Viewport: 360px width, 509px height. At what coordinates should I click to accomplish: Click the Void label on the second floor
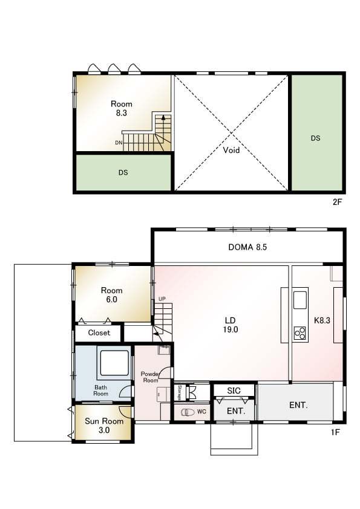(x=231, y=150)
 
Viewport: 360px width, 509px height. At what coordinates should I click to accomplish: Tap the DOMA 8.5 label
(x=247, y=247)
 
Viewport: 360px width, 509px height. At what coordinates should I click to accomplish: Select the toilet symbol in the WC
(x=188, y=412)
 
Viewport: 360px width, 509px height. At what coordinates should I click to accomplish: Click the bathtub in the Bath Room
(x=114, y=363)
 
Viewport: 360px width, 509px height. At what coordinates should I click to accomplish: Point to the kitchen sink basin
(x=300, y=300)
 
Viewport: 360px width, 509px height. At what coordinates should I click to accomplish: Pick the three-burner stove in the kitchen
(x=299, y=333)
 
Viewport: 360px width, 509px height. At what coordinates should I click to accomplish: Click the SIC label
(x=234, y=391)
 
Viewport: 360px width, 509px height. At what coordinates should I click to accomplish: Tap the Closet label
(x=99, y=332)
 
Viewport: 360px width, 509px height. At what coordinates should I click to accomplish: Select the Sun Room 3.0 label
(x=104, y=426)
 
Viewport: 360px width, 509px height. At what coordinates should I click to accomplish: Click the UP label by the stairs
(x=162, y=299)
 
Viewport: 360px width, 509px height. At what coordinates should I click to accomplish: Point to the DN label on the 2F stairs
(x=119, y=143)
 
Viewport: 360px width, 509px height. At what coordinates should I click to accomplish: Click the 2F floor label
(x=337, y=202)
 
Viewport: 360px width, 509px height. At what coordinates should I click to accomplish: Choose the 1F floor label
(x=335, y=432)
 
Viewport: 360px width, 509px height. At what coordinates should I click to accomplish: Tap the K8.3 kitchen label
(x=322, y=320)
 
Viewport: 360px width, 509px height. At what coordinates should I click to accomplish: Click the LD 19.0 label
(x=231, y=325)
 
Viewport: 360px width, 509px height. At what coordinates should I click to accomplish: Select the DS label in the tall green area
(x=315, y=138)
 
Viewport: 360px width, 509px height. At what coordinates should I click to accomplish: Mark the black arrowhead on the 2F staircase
(x=163, y=117)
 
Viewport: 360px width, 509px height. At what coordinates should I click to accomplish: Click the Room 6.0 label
(x=111, y=295)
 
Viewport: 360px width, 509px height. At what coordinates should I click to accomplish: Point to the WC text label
(x=201, y=412)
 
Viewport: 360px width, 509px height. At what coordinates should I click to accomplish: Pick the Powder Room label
(x=149, y=377)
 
